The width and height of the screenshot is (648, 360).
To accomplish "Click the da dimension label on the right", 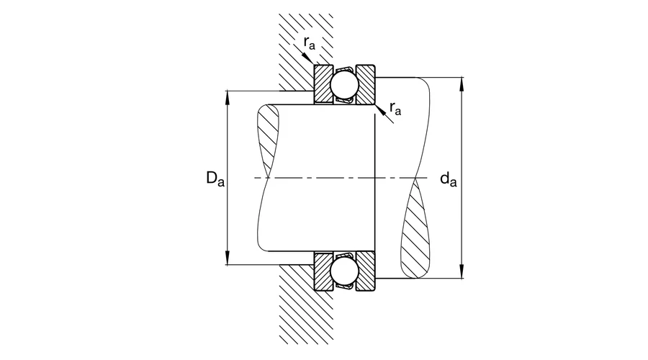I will point(448,179).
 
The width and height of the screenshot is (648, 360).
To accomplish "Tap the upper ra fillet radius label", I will point(310,44).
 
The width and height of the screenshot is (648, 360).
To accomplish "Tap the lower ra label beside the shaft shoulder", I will point(395,108).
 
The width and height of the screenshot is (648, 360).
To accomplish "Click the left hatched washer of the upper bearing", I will point(322,85).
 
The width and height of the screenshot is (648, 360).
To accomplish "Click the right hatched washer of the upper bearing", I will point(365,85).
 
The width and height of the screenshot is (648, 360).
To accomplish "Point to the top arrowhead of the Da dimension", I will point(228,96).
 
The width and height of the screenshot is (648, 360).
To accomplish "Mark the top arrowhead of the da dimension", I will point(462,81).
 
